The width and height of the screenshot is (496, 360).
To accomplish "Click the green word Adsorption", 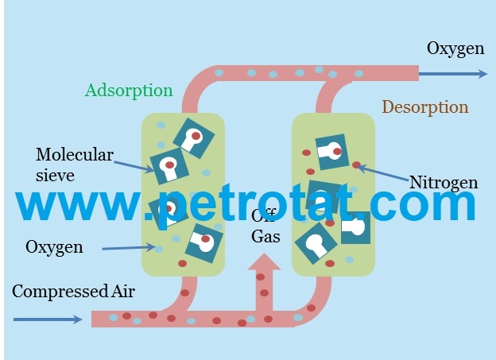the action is tap(129, 91).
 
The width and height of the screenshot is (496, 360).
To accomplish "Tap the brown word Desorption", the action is tap(425, 107).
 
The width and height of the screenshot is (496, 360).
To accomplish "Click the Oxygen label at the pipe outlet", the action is tap(455, 49).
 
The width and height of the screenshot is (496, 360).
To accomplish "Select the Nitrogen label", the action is tap(444, 183).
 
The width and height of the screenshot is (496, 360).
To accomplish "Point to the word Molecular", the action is tap(75, 155).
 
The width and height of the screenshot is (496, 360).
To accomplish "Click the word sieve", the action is tap(55, 176).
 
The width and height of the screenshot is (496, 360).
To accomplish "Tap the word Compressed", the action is tap(60, 292).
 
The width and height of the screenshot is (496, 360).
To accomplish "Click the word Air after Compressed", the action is tap(123, 291).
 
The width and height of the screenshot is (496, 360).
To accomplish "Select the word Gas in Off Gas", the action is tap(265, 236).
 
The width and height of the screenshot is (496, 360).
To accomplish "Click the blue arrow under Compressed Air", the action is tap(48, 319).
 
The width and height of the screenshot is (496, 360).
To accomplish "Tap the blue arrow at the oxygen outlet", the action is tap(453, 74).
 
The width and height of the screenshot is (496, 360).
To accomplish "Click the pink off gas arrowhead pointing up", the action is tap(264, 261).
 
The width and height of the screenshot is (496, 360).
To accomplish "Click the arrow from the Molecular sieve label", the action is tap(134, 167).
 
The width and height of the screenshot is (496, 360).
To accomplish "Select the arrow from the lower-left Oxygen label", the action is tap(129, 248).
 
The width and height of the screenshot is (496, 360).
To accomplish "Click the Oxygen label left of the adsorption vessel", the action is tap(54, 246).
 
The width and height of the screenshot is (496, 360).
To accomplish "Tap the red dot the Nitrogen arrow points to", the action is tap(356, 165).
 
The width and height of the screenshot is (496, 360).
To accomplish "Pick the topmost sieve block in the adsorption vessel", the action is tap(194, 138).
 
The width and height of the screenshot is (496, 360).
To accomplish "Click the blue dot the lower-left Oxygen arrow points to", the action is tap(158, 249).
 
